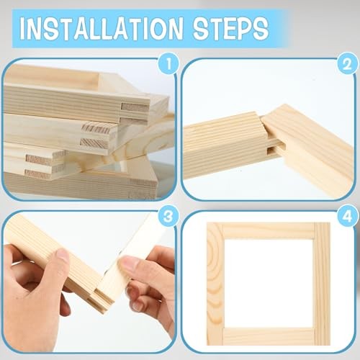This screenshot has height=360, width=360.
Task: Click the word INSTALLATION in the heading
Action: [102, 29]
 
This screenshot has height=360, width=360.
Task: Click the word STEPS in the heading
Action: [230, 29]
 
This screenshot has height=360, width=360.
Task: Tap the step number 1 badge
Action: [168, 64]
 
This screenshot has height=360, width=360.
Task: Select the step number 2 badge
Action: [347, 64]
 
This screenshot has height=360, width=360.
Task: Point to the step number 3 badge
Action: [168, 216]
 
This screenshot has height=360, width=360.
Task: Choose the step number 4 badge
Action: [347, 216]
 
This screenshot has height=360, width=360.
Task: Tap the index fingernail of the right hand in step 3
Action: [128, 265]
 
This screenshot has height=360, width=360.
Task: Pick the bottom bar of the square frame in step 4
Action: [269, 336]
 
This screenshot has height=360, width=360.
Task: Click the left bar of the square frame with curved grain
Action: [215, 284]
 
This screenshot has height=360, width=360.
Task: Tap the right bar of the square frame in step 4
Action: [322, 284]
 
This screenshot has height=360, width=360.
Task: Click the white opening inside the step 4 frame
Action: [269, 284]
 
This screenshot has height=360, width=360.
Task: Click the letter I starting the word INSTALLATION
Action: [23, 29]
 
